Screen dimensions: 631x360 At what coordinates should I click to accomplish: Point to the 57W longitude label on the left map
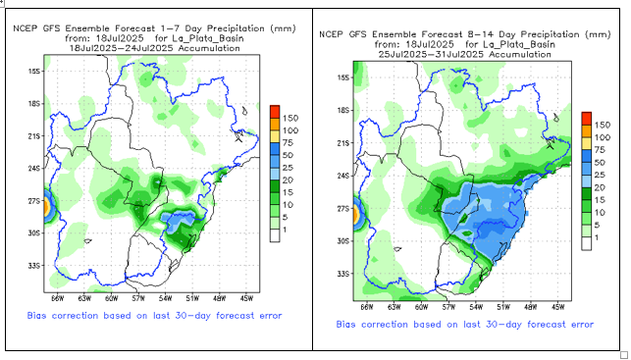pos(138,298)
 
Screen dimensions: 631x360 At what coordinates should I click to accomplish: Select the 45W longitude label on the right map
pos(557,307)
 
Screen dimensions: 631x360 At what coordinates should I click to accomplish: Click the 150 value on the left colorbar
pos(289,119)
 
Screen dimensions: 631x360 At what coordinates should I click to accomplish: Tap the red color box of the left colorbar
pos(275,112)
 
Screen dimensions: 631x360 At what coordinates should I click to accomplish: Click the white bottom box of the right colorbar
pos(586,243)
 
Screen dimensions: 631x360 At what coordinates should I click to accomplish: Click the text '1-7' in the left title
pos(168,29)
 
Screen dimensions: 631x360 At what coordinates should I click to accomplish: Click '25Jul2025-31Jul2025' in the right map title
pos(431,54)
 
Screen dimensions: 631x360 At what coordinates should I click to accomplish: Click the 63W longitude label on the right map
pos(394,307)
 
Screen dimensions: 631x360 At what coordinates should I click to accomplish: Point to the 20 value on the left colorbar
pos(288,180)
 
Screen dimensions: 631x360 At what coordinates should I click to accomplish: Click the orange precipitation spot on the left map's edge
pos(46,207)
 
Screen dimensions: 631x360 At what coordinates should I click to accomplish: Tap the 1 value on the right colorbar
pos(597,237)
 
